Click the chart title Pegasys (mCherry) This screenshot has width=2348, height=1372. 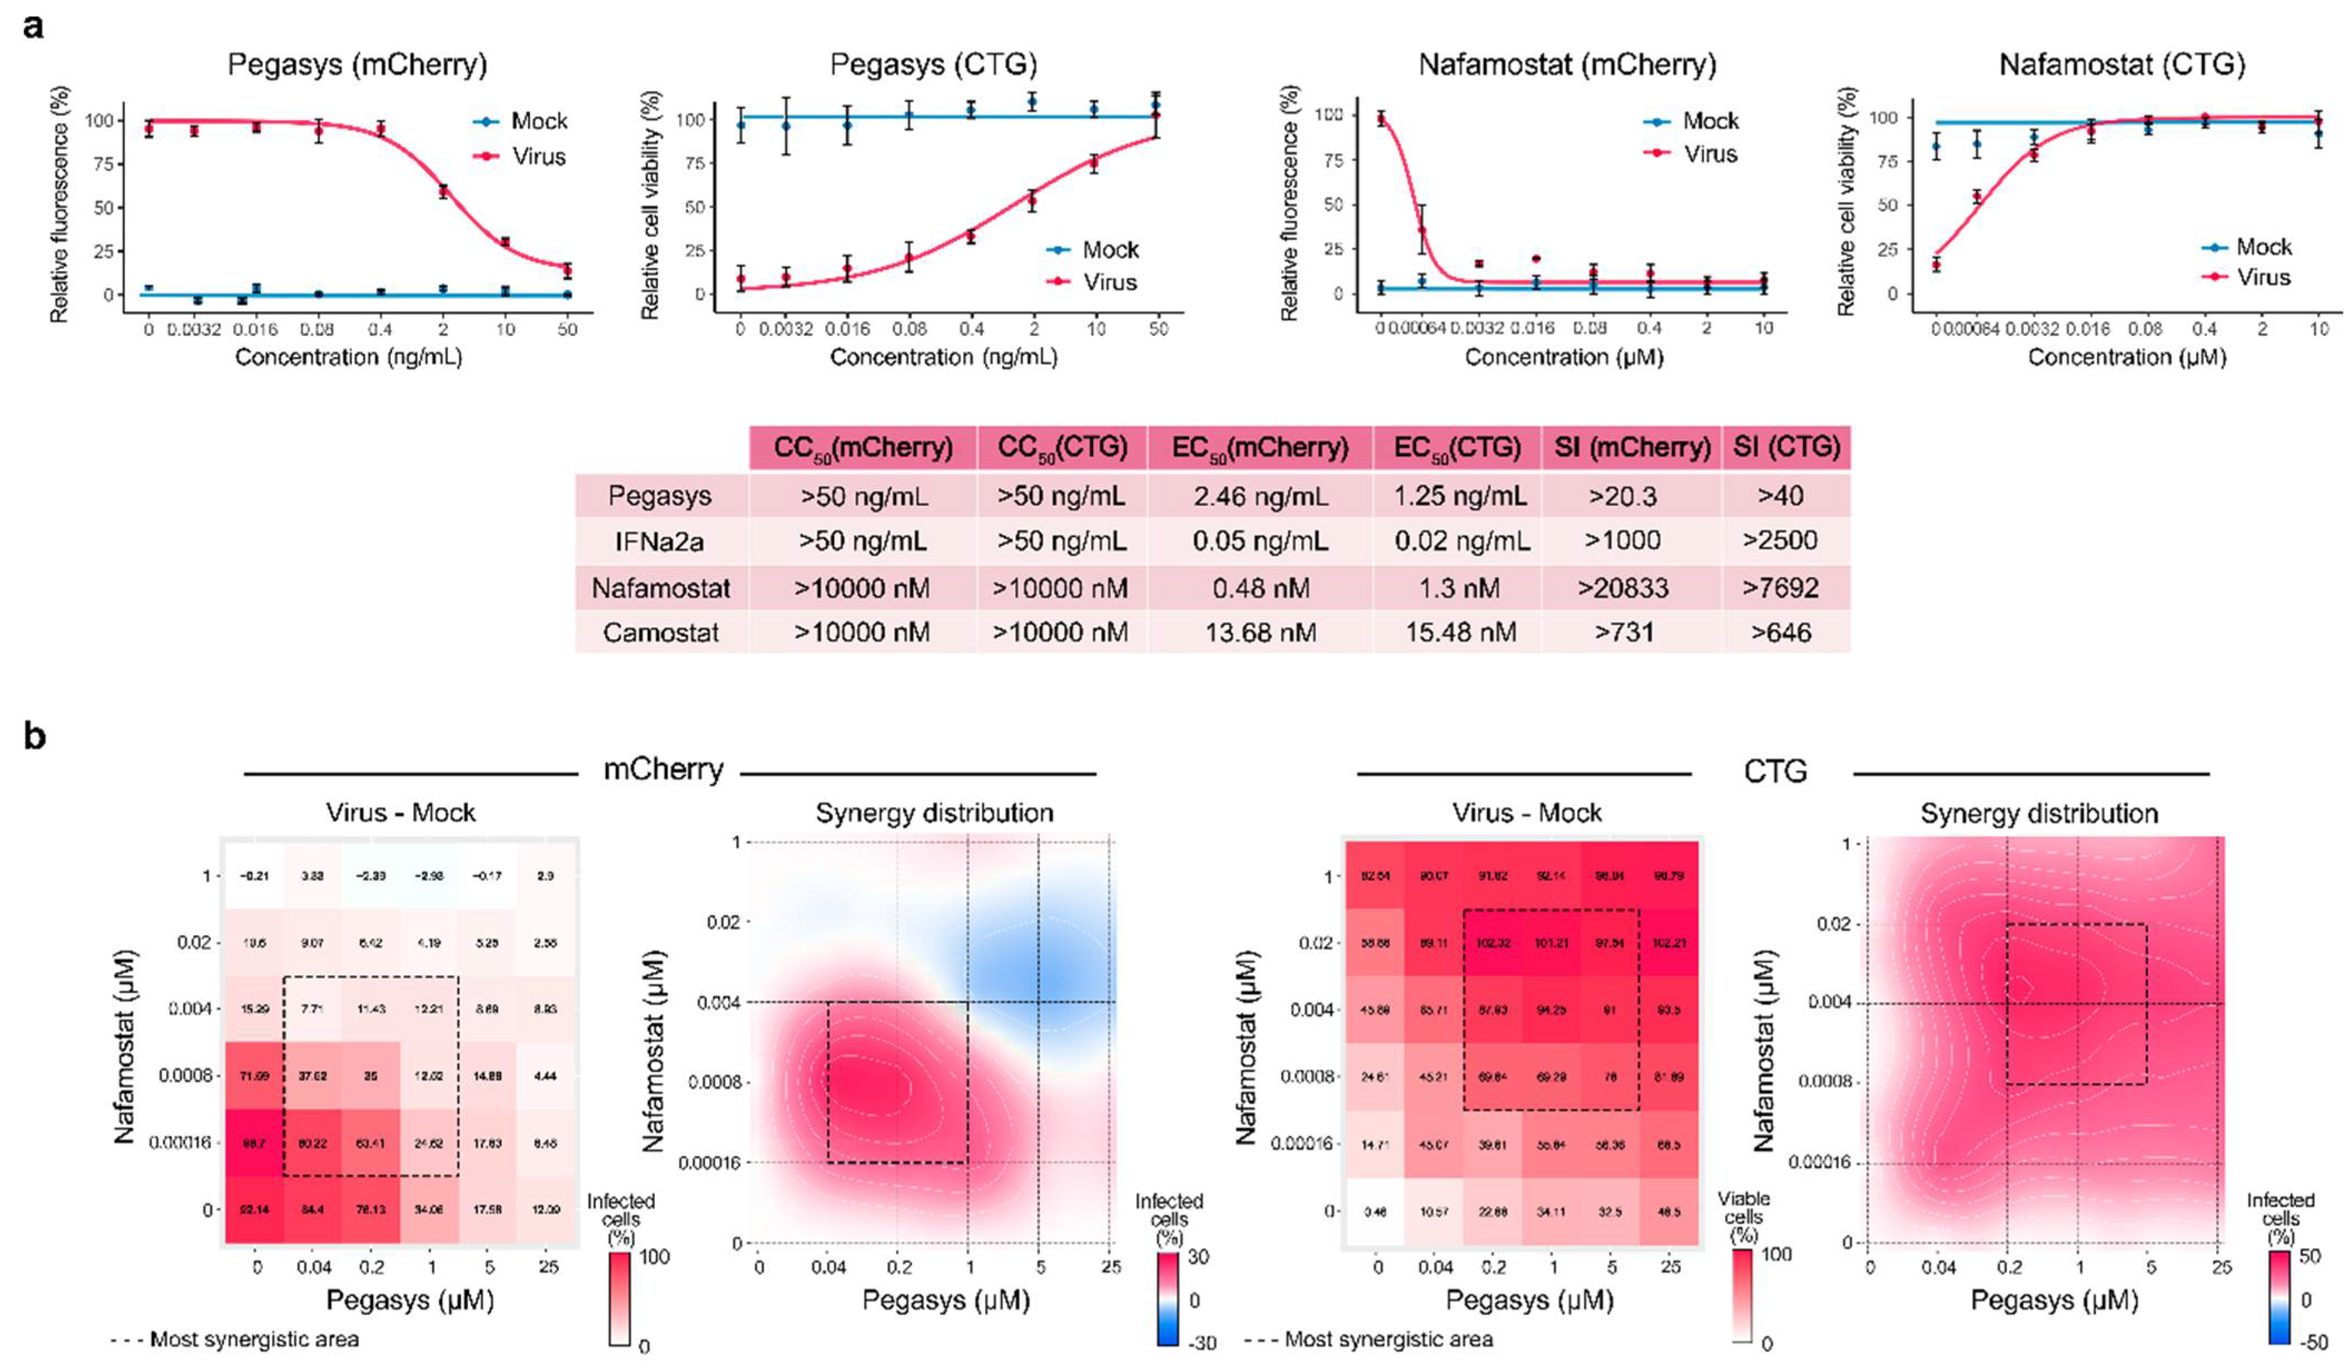(x=357, y=64)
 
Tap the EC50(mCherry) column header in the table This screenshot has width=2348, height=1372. (x=1260, y=448)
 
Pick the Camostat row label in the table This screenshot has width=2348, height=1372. (x=661, y=633)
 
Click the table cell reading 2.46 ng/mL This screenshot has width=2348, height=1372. (x=1260, y=495)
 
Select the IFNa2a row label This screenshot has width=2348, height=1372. (x=661, y=540)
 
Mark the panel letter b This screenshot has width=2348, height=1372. (x=34, y=737)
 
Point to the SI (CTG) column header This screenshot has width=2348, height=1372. (x=1786, y=448)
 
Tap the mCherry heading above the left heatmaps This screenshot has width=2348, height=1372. (x=664, y=769)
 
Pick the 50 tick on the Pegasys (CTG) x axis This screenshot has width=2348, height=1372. (x=1158, y=329)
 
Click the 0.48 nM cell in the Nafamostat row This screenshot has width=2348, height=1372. (x=1260, y=588)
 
